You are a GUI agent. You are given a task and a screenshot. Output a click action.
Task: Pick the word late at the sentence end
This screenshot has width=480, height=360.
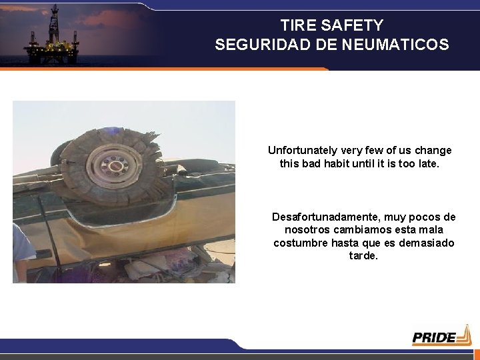427,163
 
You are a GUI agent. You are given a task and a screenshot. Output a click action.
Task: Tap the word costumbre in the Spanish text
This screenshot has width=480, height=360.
300,243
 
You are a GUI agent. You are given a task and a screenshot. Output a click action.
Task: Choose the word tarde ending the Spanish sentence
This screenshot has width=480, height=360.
363,255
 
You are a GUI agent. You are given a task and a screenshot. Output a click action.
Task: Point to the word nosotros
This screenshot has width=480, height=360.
297,230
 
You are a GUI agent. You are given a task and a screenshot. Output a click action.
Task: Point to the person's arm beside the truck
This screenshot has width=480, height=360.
23,250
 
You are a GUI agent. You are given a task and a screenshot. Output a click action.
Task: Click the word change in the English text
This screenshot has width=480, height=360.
435,151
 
